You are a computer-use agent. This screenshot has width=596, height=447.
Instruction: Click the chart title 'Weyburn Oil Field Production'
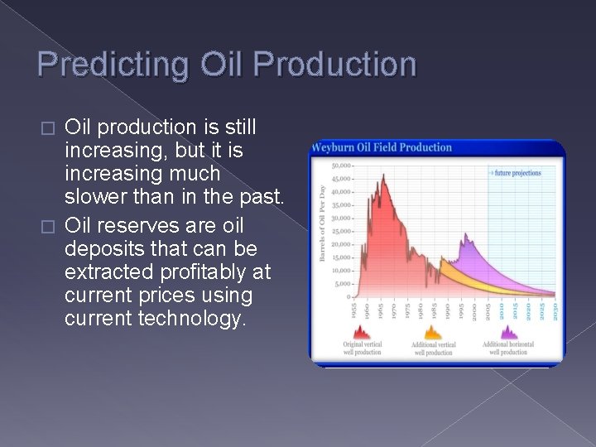382,147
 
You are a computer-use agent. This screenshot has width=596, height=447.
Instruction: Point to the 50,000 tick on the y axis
341,166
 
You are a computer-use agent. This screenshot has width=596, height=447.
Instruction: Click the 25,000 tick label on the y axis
341,231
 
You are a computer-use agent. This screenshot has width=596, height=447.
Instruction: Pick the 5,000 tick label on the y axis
343,283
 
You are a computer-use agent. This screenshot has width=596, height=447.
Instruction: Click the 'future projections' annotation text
517,173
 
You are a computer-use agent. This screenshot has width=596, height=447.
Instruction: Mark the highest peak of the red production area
383,175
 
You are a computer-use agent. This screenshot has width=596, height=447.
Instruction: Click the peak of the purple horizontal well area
465,236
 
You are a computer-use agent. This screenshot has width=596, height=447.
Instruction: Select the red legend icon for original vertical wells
362,333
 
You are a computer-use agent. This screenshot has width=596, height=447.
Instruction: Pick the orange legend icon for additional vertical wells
433,333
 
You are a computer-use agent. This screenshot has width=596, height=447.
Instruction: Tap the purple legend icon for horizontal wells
507,333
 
